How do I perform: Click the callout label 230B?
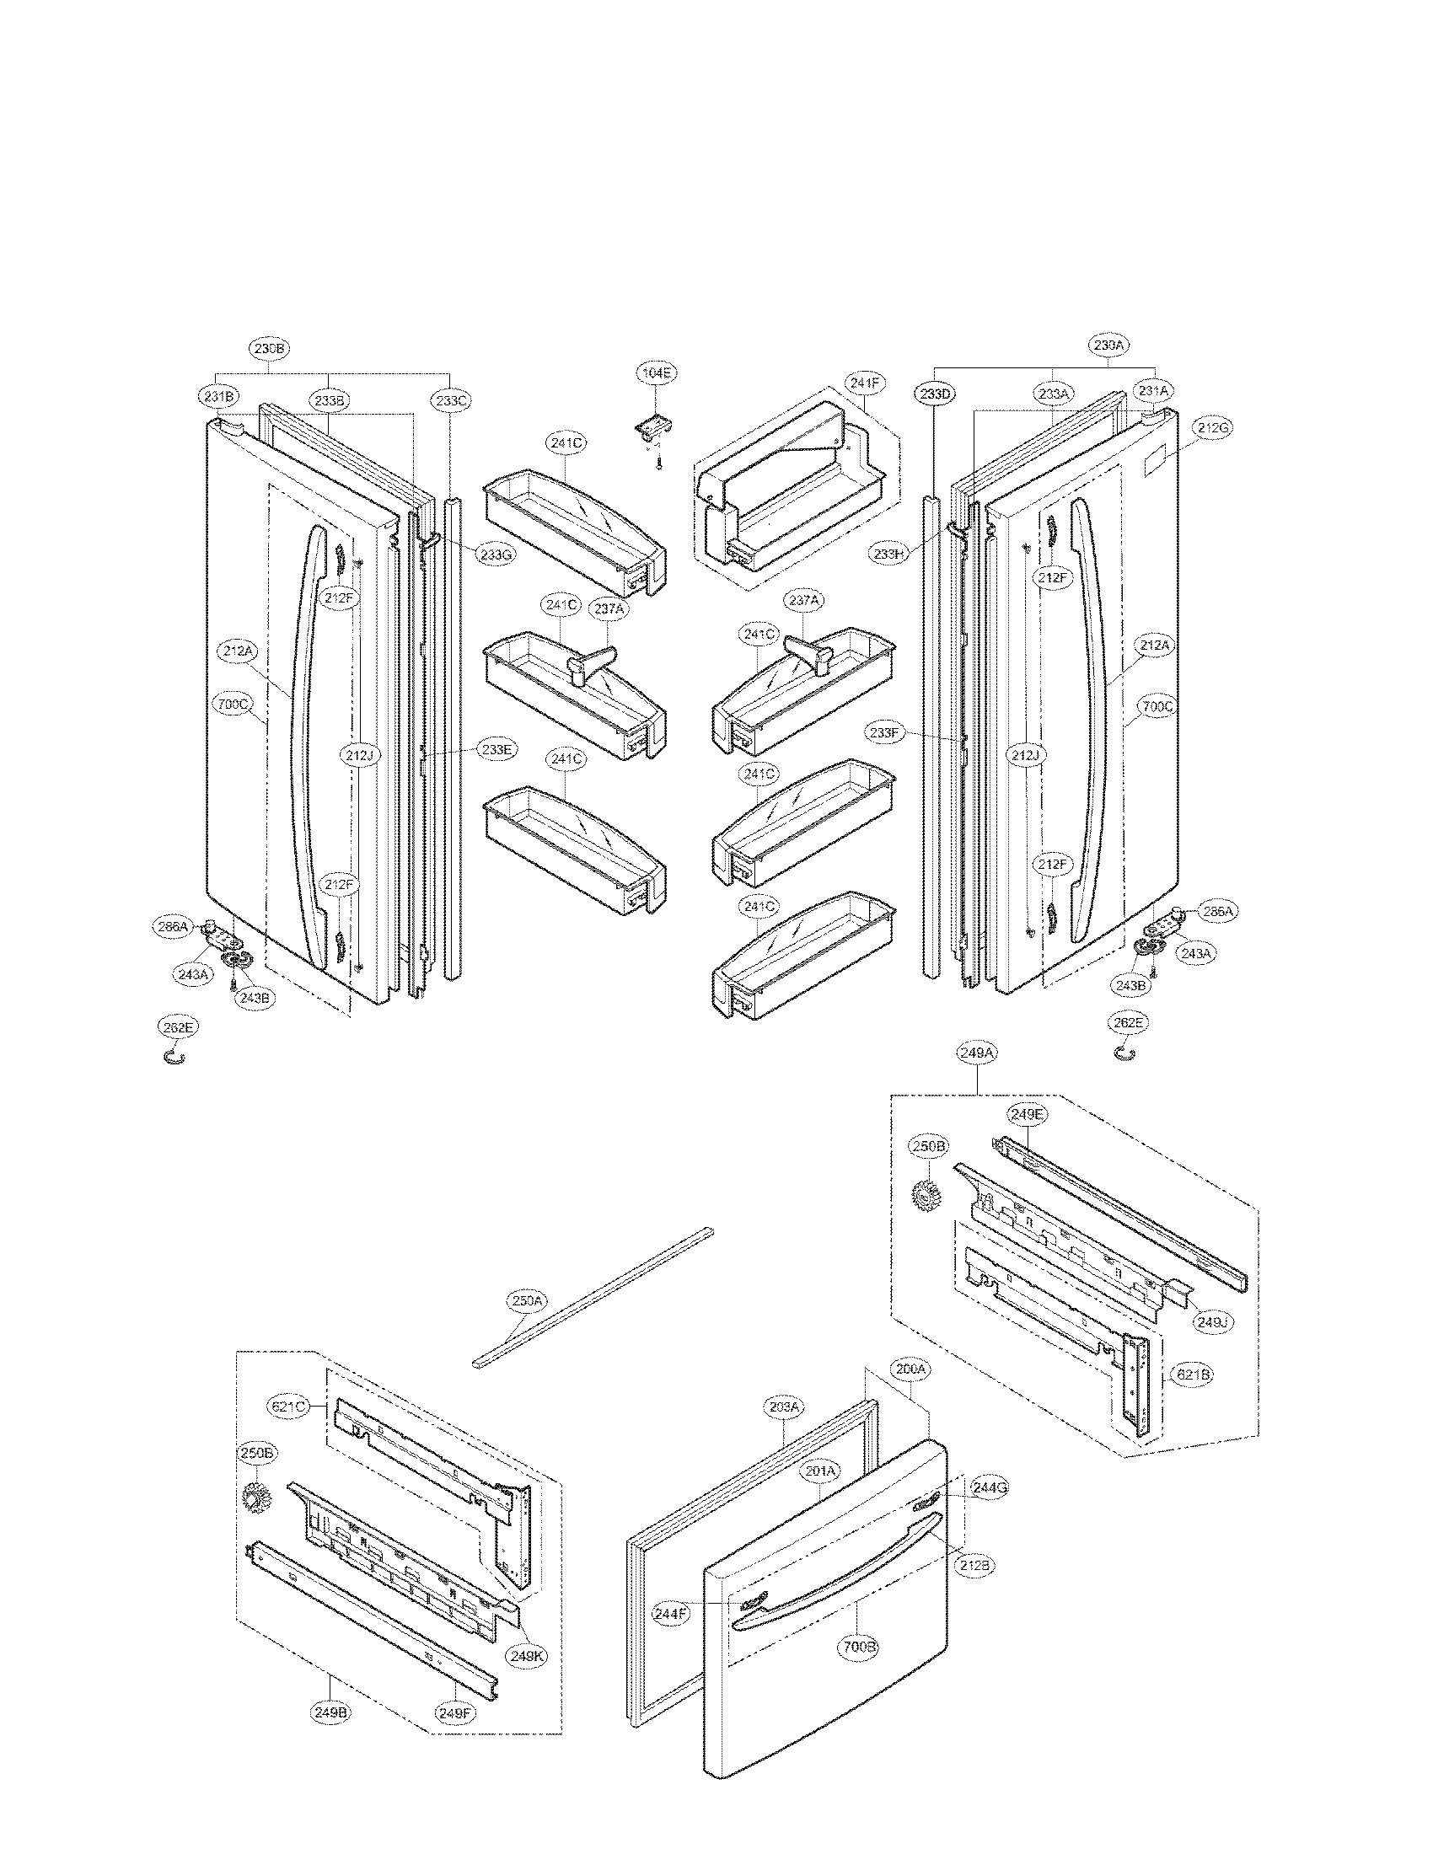click(270, 348)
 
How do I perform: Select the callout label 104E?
click(658, 372)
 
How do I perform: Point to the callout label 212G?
click(1212, 429)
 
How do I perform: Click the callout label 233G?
click(495, 555)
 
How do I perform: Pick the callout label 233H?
click(888, 554)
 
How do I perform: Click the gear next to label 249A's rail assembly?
click(923, 1194)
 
